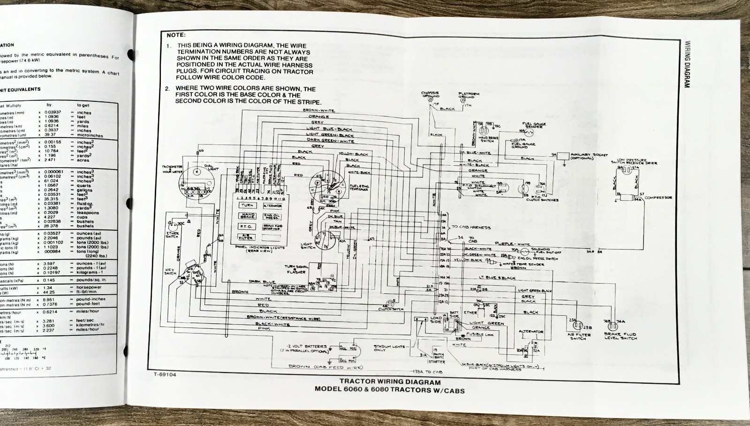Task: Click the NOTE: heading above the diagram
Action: tap(176, 35)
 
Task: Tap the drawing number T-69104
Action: tap(164, 374)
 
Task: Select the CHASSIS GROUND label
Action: tap(430, 95)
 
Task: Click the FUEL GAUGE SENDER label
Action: tap(533, 125)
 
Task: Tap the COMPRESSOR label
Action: tap(658, 198)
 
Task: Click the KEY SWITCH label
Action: tap(170, 271)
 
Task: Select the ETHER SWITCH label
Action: tap(172, 234)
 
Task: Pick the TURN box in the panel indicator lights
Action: tap(248, 205)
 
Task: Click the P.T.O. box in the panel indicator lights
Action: tap(248, 227)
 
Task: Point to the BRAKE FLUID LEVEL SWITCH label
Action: tap(620, 336)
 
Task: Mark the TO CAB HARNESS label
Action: tap(471, 227)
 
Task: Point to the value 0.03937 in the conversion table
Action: tap(53, 113)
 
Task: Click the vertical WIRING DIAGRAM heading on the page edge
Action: tap(688, 64)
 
